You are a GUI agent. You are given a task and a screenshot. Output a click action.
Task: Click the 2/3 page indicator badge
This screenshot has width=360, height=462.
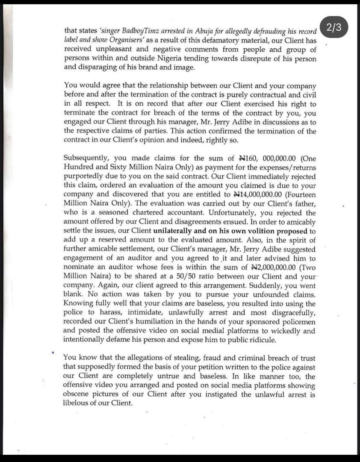pos(333,28)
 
